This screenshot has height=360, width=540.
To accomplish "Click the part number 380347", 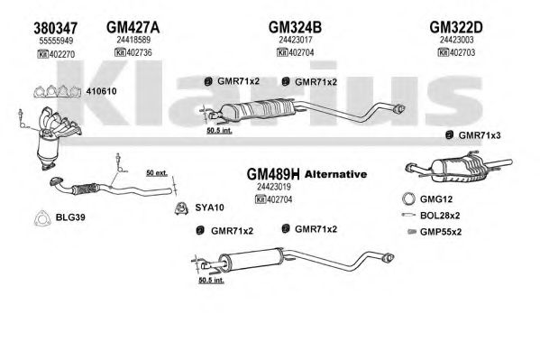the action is (55, 28).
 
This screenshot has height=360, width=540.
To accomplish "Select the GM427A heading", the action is (133, 27).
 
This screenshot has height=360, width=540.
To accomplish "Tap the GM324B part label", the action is (295, 27).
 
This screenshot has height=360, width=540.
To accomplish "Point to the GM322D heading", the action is (456, 27).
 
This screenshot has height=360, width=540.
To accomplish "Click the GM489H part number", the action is (273, 174).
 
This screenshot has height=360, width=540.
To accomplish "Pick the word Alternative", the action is (335, 174).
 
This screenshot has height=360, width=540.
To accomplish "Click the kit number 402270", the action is (62, 54).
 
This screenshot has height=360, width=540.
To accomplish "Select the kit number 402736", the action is (139, 52).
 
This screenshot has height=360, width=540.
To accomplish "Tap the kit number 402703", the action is (462, 52).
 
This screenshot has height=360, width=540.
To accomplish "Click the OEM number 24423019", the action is (274, 187).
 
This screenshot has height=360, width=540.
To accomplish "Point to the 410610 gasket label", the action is (101, 91).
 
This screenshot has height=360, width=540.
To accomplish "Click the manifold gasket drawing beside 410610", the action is (57, 91).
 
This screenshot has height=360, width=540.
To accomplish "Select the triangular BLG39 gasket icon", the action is (42, 218).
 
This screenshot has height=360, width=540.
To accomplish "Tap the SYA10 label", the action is (209, 208).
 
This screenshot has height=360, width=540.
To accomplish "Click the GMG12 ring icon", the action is (408, 198).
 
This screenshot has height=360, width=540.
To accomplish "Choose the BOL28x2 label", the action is (440, 216).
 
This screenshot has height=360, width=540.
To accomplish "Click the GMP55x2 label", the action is (441, 232).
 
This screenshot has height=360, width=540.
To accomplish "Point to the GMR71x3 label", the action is (480, 135).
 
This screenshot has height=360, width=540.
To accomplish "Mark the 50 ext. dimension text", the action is (157, 172).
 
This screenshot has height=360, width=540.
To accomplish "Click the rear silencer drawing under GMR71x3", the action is (459, 167).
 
